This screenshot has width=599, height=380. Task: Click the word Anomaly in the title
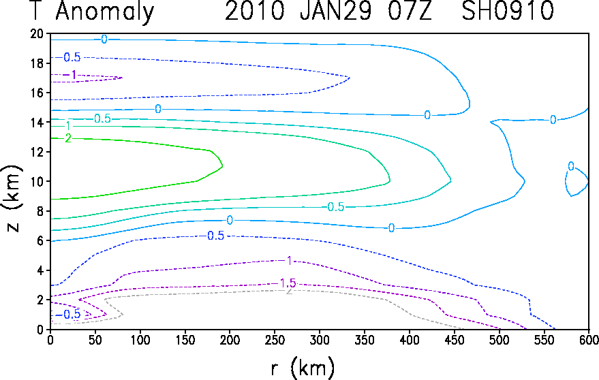[x=105, y=12]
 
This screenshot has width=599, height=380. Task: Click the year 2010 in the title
[x=255, y=11]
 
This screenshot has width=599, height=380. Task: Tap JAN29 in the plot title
[x=335, y=11]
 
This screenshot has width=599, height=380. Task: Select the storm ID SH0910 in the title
[x=508, y=11]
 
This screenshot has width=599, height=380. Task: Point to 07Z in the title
[x=410, y=11]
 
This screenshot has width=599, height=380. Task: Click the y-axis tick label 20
[x=37, y=34]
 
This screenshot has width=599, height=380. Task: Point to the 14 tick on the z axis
[x=37, y=122]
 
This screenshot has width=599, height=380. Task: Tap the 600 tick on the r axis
[x=589, y=340]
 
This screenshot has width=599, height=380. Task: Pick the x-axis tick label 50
[x=95, y=340]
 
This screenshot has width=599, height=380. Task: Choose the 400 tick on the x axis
[x=409, y=340]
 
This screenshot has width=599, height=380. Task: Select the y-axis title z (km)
[x=12, y=199]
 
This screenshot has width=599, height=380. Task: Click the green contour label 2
[x=68, y=138]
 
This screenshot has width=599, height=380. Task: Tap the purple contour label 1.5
[x=288, y=283]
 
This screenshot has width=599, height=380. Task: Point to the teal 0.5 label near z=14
[x=102, y=118]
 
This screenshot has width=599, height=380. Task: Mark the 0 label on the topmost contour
[x=104, y=39]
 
